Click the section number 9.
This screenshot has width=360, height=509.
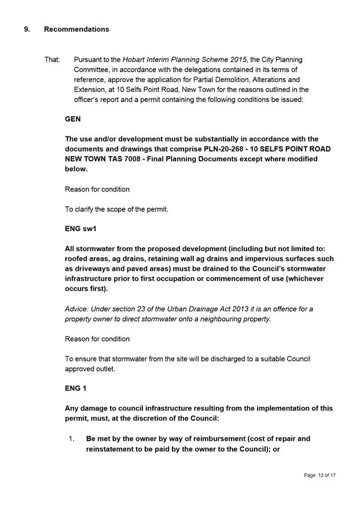[x=27, y=29]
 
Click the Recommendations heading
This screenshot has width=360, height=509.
[x=76, y=29]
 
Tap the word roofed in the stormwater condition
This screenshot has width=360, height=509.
[x=78, y=259]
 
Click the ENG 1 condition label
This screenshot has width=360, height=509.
[x=76, y=389]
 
